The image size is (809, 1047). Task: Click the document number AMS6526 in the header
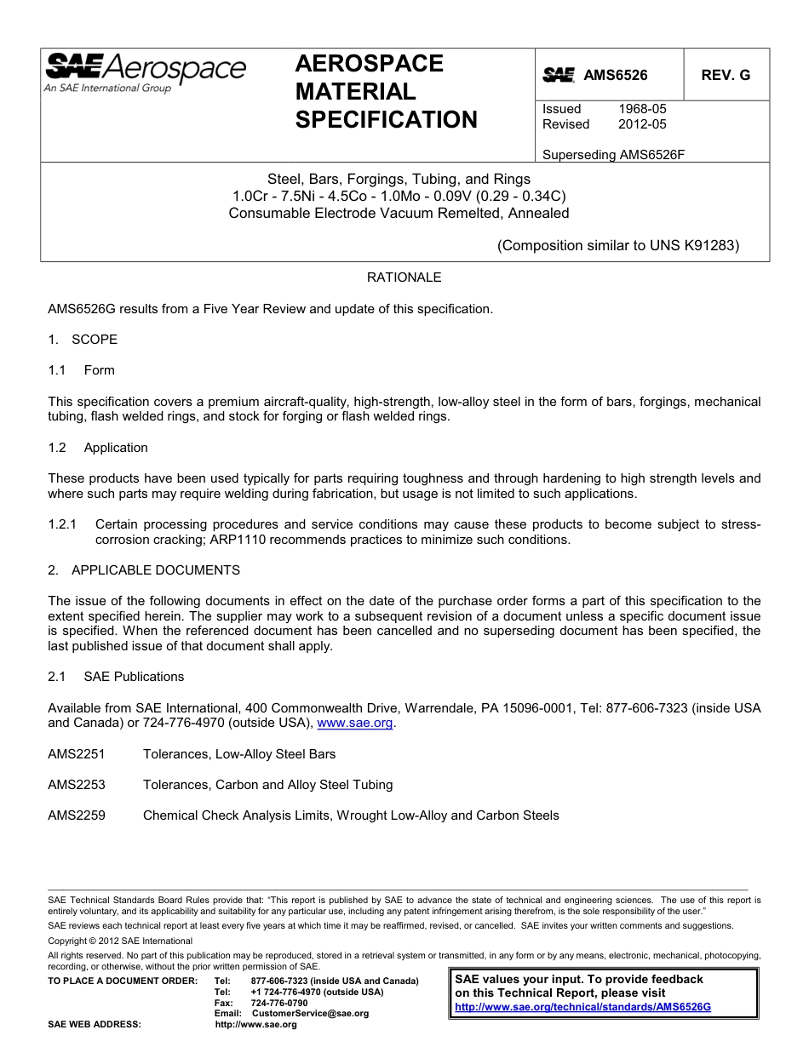pos(615,75)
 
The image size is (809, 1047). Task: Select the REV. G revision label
pos(726,75)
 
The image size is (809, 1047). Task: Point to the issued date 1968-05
pos(642,109)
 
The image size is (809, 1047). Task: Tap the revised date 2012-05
pos(642,124)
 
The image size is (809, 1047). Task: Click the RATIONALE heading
pos(404,277)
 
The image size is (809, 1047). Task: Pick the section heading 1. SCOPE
pos(83,340)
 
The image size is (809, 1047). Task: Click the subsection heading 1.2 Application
pos(98,448)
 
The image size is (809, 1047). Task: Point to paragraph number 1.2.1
pos(63,524)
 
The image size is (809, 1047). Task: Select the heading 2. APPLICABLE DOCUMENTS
pos(144,570)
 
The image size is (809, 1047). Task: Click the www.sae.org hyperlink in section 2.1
pos(355,724)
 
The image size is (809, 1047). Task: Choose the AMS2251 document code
pos(77,754)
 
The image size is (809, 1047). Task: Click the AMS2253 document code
pos(77,785)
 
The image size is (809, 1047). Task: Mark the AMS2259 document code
pos(77,815)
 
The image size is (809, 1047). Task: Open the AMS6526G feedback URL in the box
pos(582,1006)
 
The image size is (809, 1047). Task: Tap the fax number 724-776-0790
pos(279,1003)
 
